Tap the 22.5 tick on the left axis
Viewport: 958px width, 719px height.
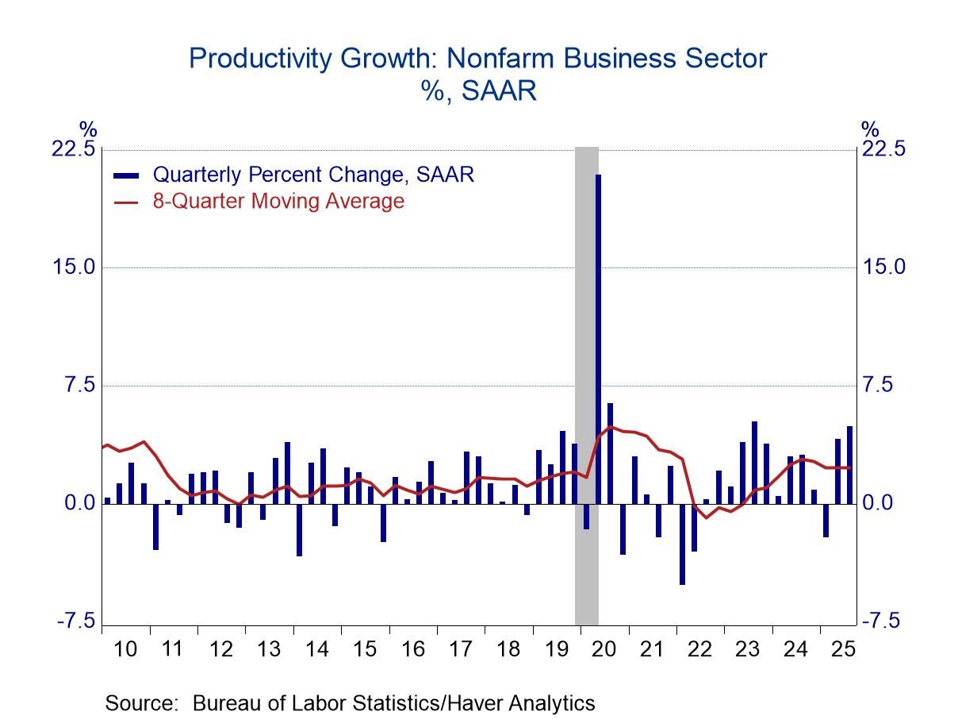pos(73,149)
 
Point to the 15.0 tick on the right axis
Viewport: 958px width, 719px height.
pos(883,267)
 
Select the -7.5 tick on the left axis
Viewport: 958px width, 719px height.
pos(75,621)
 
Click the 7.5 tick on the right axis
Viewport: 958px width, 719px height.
pos(879,385)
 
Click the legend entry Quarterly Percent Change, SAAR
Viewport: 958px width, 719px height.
pos(313,175)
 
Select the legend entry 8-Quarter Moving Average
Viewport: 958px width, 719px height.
pos(278,202)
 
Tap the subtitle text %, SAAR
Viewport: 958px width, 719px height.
pos(479,91)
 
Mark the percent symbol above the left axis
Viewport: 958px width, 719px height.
pos(87,129)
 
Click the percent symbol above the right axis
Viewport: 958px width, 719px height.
pos(871,129)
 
